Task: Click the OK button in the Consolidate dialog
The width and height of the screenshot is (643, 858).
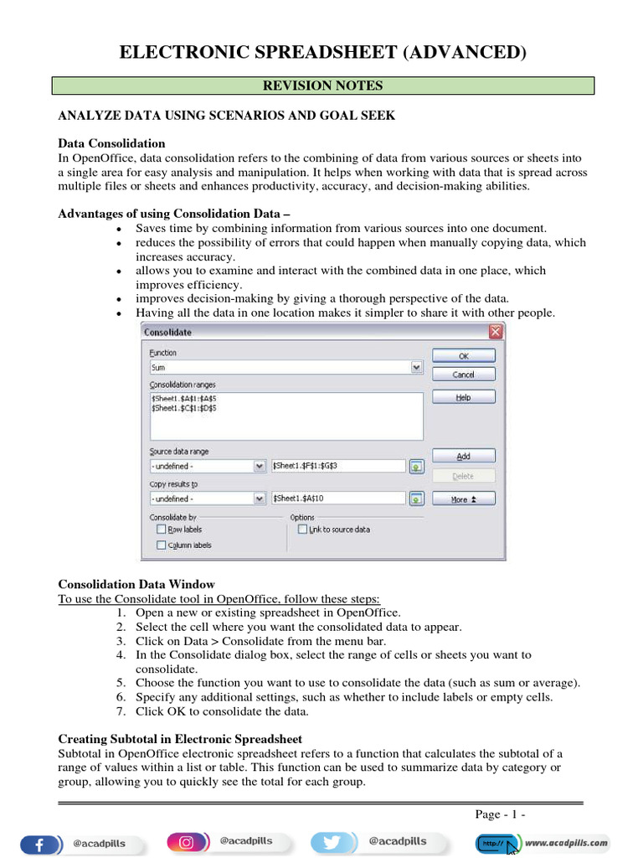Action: click(x=463, y=355)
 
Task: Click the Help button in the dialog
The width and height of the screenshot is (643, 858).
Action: click(x=463, y=397)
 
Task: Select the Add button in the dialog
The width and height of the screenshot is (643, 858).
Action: click(x=463, y=456)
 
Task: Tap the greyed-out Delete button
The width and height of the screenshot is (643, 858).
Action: click(x=463, y=476)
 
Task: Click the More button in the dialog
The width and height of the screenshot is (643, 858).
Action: click(x=463, y=499)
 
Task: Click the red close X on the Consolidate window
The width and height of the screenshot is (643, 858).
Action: click(x=496, y=332)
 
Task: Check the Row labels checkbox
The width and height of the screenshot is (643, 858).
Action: click(x=161, y=530)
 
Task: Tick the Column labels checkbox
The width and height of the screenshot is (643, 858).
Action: click(x=161, y=545)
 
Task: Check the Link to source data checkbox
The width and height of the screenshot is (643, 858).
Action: click(x=302, y=530)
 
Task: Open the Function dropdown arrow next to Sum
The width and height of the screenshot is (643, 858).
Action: click(x=416, y=367)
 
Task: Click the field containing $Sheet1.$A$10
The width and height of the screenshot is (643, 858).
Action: click(x=338, y=499)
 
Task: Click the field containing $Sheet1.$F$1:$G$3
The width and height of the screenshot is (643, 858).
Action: click(x=338, y=466)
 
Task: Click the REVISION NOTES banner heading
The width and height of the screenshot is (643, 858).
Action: click(x=322, y=85)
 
